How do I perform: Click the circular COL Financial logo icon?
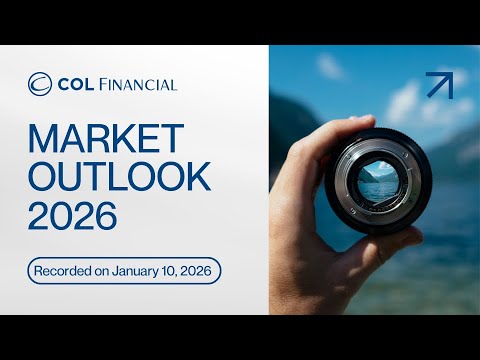click(40, 84)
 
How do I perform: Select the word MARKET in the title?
click(106, 140)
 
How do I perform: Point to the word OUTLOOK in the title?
click(120, 177)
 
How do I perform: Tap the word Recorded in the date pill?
click(70, 270)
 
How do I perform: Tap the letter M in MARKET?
click(44, 140)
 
